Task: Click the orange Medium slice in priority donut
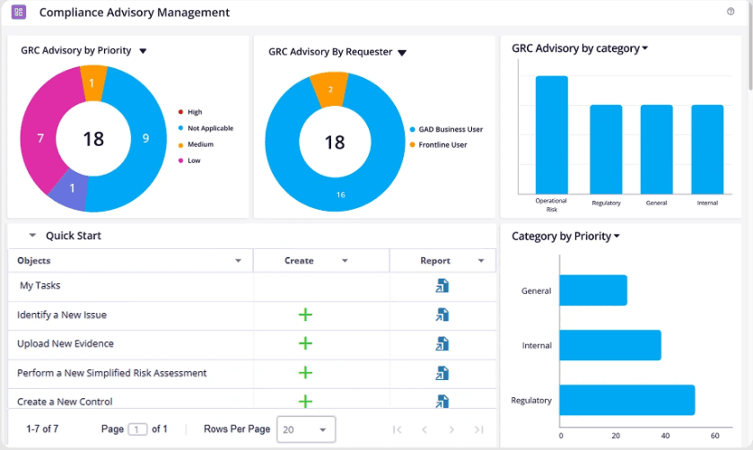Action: (92, 83)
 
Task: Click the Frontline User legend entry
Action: (438, 145)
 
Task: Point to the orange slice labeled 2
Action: (330, 90)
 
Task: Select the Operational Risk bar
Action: (552, 134)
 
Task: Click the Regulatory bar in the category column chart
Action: (606, 149)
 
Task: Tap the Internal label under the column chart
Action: (707, 203)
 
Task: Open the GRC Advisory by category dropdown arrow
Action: (645, 48)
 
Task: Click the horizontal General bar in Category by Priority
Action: (593, 290)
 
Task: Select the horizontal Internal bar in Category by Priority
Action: (610, 345)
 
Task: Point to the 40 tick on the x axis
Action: (665, 436)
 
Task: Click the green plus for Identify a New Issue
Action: (305, 315)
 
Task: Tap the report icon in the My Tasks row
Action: (442, 285)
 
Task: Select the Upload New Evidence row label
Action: (66, 343)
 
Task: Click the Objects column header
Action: (33, 261)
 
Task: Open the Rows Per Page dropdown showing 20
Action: (306, 429)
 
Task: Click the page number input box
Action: (137, 429)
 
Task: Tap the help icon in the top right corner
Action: (731, 12)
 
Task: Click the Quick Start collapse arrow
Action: (32, 235)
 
